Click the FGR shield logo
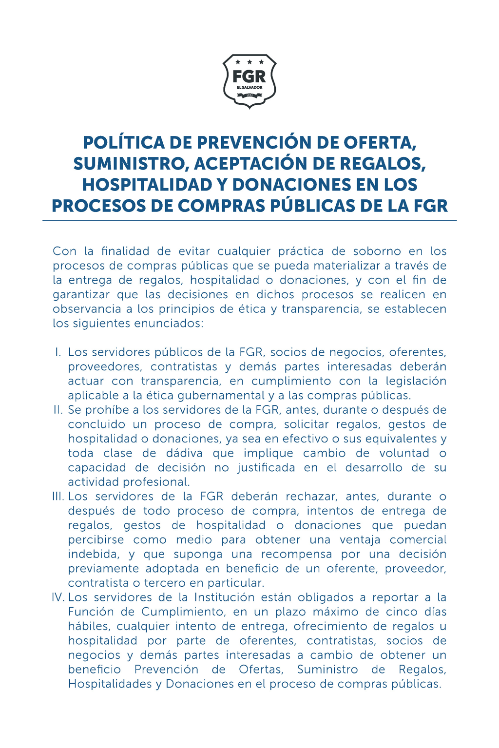pyautogui.click(x=249, y=81)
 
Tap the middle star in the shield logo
pyautogui.click(x=249, y=62)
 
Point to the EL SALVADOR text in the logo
pyautogui.click(x=249, y=88)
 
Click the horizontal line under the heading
pyautogui.click(x=249, y=221)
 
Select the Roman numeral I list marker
pyautogui.click(x=58, y=352)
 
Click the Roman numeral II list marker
pyautogui.click(x=58, y=410)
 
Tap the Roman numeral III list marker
pyautogui.click(x=58, y=497)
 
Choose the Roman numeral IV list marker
pyautogui.click(x=58, y=597)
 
